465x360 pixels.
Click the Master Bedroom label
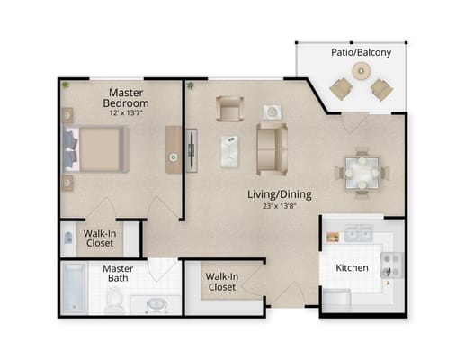pyautogui.click(x=129, y=98)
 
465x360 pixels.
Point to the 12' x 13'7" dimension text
pyautogui.click(x=129, y=113)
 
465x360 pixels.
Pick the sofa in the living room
pyautogui.click(x=272, y=148)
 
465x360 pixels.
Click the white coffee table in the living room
pyautogui.click(x=229, y=149)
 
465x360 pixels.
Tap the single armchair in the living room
pyautogui.click(x=228, y=110)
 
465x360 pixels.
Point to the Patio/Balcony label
pyautogui.click(x=361, y=53)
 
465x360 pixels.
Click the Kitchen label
pyautogui.click(x=351, y=268)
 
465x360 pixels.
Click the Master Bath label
pyautogui.click(x=117, y=274)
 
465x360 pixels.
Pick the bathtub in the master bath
pyautogui.click(x=74, y=288)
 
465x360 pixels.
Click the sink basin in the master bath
pyautogui.click(x=157, y=304)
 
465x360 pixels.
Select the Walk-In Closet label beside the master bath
pyautogui.click(x=220, y=282)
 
